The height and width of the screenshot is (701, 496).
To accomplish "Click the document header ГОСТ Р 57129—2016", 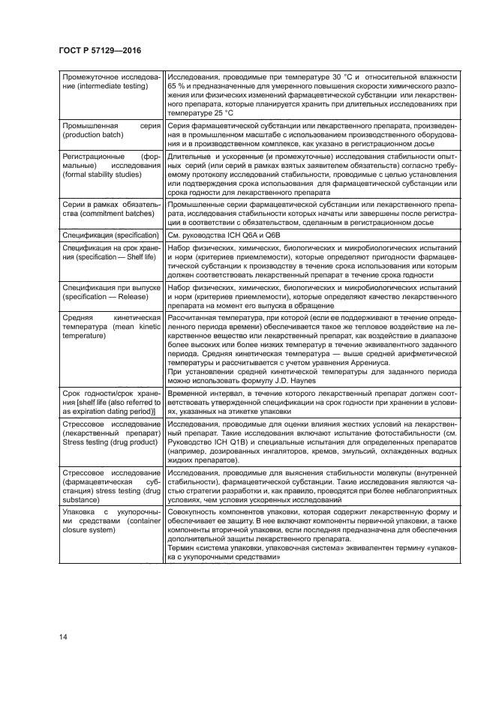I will [99, 51].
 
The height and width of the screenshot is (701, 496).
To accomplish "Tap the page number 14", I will [62, 638].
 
